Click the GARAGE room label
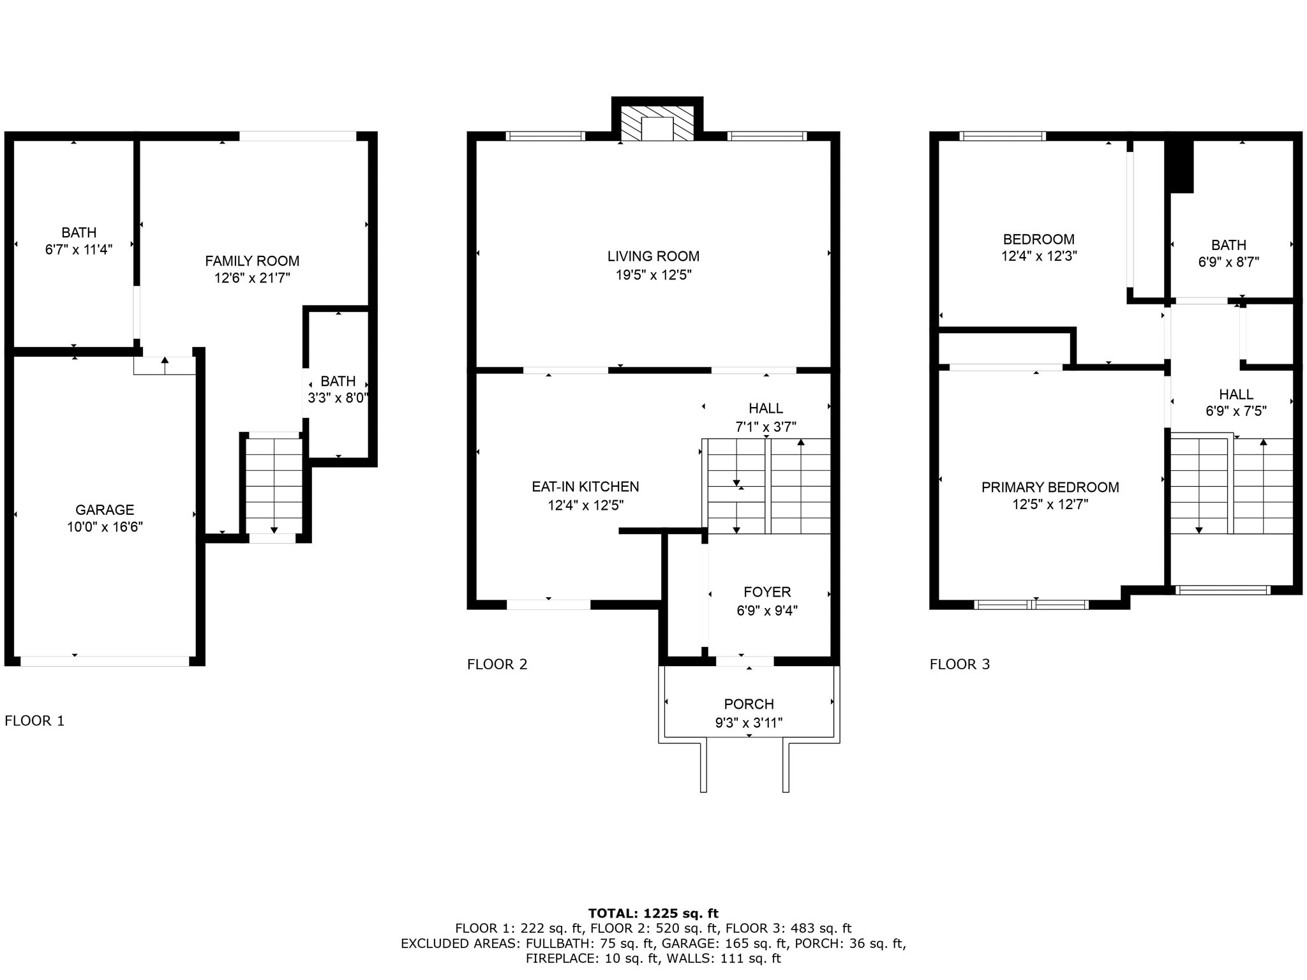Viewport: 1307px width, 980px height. [105, 510]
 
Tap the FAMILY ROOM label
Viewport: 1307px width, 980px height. [252, 261]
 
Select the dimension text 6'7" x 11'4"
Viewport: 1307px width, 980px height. [78, 249]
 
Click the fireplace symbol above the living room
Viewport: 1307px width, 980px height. [657, 123]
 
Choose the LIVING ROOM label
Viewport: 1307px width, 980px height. [653, 256]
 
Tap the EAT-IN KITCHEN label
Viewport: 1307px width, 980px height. [585, 487]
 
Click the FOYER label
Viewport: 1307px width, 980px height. [767, 592]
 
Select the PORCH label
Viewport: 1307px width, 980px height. [749, 704]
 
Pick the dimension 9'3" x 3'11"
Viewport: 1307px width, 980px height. [749, 723]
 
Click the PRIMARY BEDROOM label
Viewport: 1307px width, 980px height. [1050, 487]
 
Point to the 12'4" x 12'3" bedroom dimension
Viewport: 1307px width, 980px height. [1039, 256]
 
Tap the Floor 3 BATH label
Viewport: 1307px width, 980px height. [1229, 245]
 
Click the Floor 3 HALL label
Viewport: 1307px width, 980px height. [1236, 394]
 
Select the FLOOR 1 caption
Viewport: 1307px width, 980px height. [34, 721]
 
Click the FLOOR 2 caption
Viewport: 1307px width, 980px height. [497, 664]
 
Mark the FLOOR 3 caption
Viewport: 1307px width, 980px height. [960, 664]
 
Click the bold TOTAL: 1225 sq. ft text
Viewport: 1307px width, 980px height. [653, 913]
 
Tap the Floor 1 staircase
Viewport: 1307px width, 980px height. [274, 486]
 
